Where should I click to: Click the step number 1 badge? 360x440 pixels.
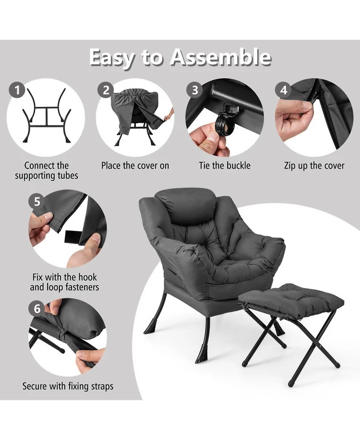pos(17,91)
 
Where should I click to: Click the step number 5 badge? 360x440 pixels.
pos(37,201)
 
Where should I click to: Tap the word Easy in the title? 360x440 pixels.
pos(112,58)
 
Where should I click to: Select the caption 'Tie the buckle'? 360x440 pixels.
pos(225,165)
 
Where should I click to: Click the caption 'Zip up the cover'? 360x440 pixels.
pos(314,165)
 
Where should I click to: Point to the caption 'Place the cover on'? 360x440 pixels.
pos(135,165)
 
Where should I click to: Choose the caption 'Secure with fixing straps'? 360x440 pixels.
pos(68,386)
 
